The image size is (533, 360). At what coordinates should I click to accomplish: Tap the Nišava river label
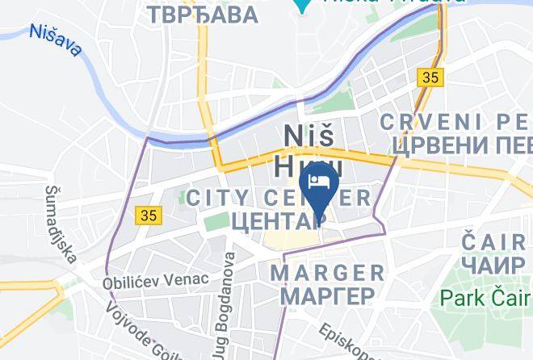[x=54, y=40]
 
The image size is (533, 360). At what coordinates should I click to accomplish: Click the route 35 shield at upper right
[x=430, y=77]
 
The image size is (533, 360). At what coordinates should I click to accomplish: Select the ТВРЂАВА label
[x=204, y=14]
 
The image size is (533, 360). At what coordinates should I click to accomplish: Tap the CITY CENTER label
[x=279, y=198]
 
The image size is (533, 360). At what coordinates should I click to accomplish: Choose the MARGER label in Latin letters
[x=328, y=272]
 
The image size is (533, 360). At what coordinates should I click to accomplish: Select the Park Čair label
[x=485, y=297]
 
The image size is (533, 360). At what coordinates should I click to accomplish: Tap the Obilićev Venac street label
[x=155, y=280]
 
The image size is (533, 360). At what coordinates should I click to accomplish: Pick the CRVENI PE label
[x=456, y=122]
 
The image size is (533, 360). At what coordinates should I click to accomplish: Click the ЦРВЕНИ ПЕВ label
[x=460, y=145]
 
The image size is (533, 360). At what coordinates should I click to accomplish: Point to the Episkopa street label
[x=347, y=343]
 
